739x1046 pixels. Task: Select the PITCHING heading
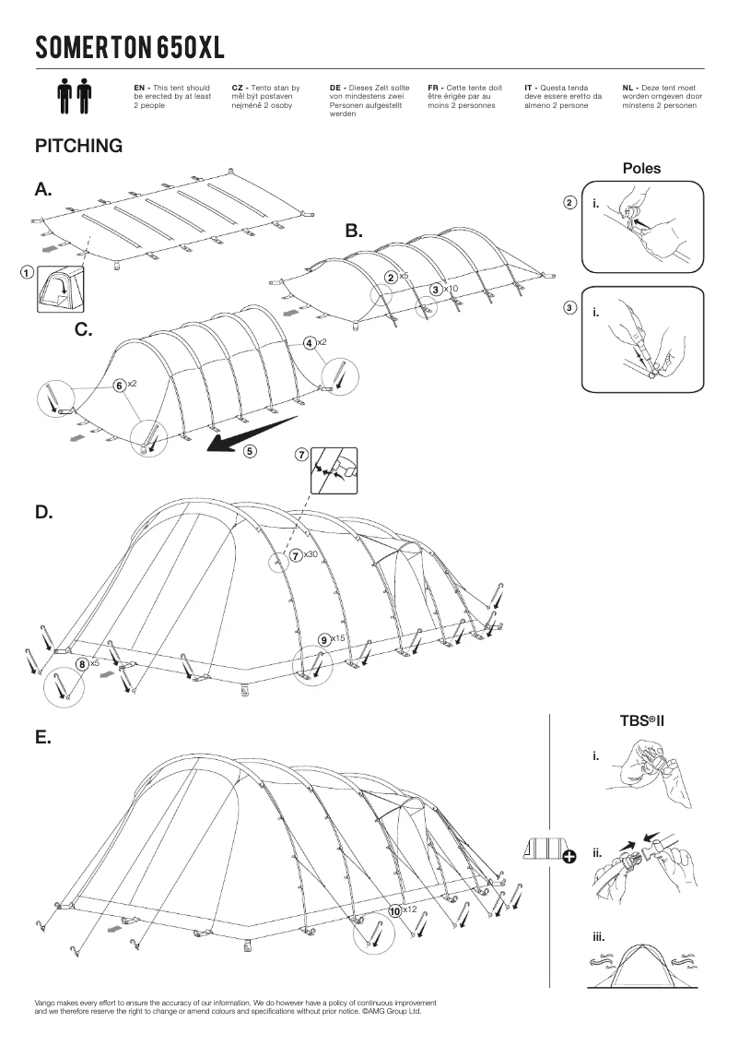coord(78,147)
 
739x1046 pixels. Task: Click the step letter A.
coord(43,190)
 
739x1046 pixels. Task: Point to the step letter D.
coord(43,513)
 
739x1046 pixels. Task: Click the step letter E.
coord(42,738)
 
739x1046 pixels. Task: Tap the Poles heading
coord(641,169)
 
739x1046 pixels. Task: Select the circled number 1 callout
coord(27,273)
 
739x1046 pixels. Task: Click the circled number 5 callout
coord(250,451)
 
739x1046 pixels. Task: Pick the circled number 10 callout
coord(395,909)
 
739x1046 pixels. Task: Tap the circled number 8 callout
coord(82,662)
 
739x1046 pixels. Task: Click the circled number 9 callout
coord(323,638)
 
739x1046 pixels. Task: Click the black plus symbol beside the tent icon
coord(569,858)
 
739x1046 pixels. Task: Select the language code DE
coord(335,87)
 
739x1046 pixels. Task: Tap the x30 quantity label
coord(311,554)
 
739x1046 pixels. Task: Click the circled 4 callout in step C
coord(310,342)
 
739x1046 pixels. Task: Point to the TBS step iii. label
coord(599,936)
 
